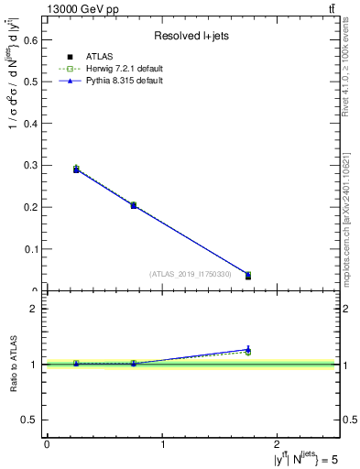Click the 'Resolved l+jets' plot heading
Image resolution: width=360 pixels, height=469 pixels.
191,37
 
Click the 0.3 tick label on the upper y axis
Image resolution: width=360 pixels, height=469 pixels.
31,165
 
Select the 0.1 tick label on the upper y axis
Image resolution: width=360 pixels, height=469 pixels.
31,249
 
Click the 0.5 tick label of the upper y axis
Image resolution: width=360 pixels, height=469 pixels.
31,82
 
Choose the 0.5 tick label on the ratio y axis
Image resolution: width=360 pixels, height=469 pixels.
31,420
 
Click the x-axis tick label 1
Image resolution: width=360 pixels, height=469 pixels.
163,444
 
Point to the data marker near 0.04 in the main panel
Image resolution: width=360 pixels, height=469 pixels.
248,275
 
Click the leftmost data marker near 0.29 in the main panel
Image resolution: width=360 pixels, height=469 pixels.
76,169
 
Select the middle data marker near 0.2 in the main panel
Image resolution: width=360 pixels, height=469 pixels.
134,205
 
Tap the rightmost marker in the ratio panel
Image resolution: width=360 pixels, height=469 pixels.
248,350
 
